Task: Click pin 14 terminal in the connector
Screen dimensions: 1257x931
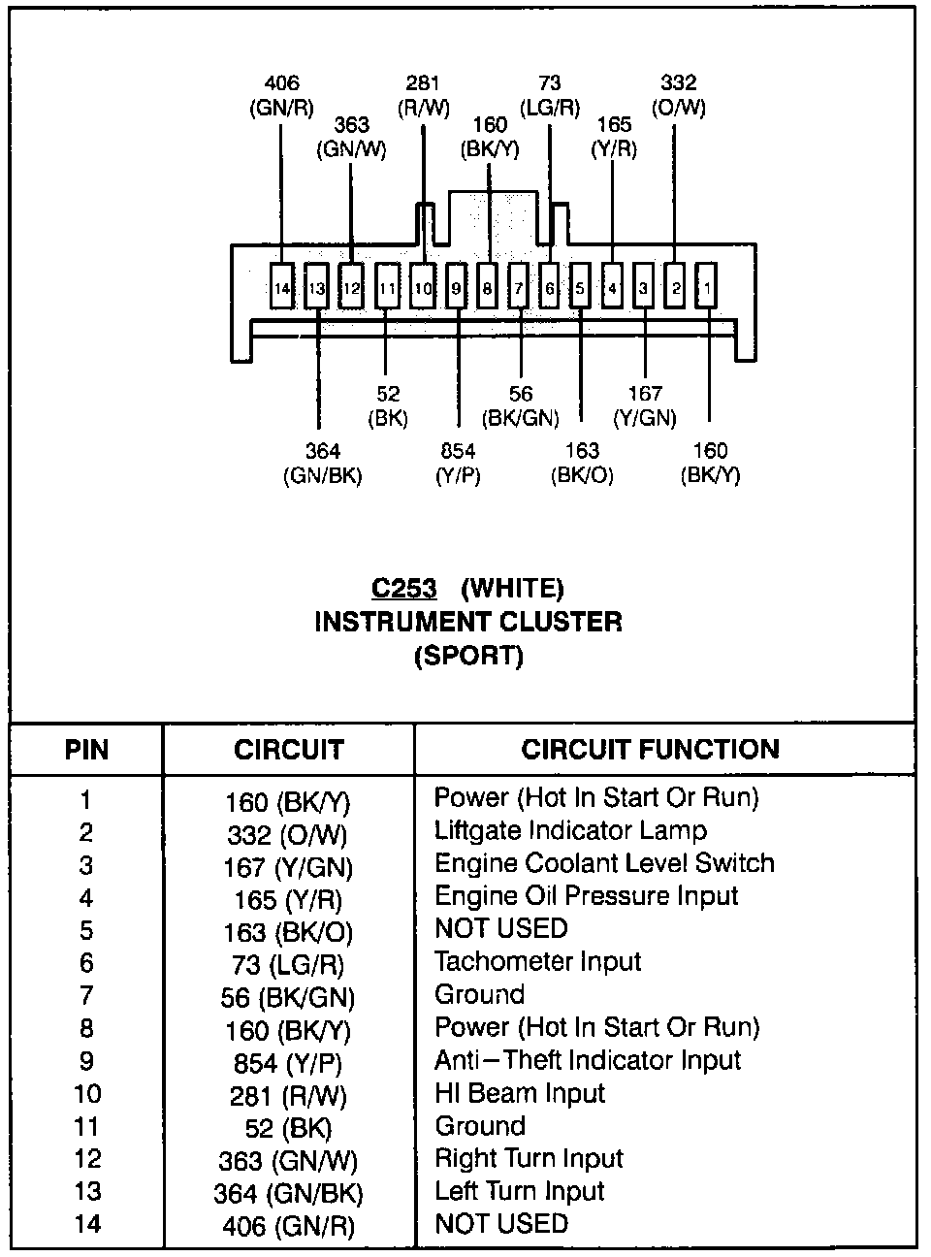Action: [x=282, y=287]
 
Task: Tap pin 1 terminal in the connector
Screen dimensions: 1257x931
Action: [x=706, y=287]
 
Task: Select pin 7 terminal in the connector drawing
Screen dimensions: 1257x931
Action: [x=519, y=287]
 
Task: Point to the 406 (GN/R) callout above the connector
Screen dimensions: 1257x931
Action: [x=281, y=96]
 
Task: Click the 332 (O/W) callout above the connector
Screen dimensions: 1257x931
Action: [x=679, y=95]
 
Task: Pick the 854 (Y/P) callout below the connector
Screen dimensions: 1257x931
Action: [x=458, y=463]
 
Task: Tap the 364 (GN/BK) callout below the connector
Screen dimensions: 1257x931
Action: [x=323, y=463]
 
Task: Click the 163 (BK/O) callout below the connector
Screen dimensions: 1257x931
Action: [x=582, y=463]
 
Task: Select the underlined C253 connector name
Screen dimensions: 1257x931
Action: [x=404, y=588]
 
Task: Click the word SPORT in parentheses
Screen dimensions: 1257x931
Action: [x=468, y=656]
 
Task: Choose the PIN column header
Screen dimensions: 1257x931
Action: [x=86, y=750]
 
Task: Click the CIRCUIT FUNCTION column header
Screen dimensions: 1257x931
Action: [x=650, y=749]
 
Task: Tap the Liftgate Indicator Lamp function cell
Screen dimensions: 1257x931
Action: [x=570, y=831]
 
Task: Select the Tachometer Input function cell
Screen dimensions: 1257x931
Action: [x=537, y=962]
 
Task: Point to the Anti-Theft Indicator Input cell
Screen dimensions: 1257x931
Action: [x=587, y=1060]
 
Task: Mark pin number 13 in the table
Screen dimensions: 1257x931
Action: [x=86, y=1192]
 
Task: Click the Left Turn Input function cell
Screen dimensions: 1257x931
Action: [x=519, y=1191]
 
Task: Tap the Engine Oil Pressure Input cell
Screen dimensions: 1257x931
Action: [x=586, y=896]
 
